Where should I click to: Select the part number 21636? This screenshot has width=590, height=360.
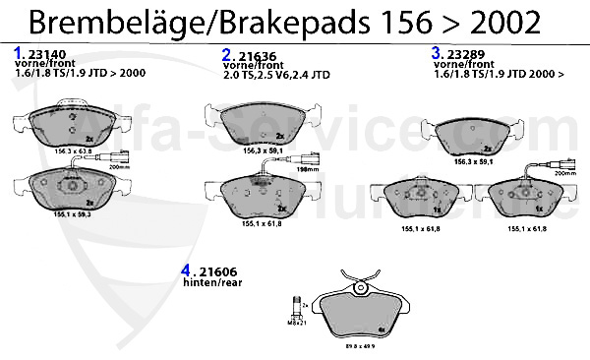pos(256,55)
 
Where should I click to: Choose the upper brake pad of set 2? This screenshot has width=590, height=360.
pos(261,123)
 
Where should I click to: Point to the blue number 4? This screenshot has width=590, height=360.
pos(186,270)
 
